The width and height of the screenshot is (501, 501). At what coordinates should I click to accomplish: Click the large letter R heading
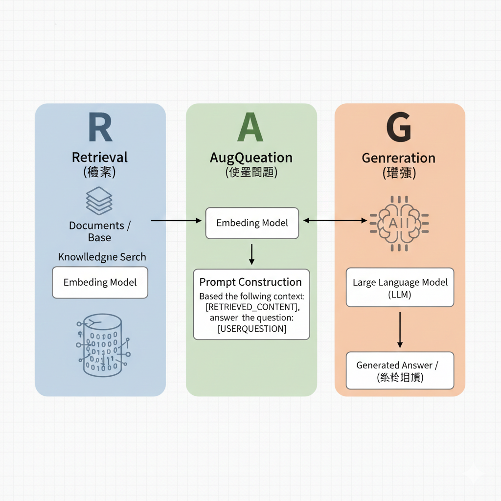coord(100,128)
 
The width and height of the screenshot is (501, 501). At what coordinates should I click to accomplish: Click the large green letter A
coord(250,128)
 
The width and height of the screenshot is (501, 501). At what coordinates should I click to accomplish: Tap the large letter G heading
coord(399,128)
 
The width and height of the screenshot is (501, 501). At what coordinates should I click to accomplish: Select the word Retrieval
coord(100,158)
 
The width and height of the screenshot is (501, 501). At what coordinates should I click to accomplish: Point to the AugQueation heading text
coord(251,158)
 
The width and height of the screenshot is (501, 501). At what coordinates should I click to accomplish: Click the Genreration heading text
coord(399,158)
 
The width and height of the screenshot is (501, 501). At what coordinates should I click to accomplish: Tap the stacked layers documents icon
coord(99,200)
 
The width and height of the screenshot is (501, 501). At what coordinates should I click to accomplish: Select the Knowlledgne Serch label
coord(102,257)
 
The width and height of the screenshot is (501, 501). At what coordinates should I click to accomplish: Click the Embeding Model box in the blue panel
coord(100,282)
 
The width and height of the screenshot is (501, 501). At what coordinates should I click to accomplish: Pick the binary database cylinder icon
coord(102,345)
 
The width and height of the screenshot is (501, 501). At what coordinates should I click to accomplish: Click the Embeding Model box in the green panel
coord(252,223)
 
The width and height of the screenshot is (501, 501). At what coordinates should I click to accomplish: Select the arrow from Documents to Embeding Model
coord(176,221)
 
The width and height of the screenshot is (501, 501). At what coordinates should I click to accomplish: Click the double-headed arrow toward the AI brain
coord(335,221)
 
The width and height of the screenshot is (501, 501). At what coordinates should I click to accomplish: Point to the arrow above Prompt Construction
coord(251,254)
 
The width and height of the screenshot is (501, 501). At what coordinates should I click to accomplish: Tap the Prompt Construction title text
coord(250,282)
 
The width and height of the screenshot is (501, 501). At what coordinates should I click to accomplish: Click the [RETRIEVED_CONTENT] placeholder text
coord(252,307)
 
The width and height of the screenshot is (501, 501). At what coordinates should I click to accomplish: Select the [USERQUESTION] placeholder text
coord(252,329)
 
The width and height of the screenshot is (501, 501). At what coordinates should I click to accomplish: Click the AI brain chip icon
coord(399,223)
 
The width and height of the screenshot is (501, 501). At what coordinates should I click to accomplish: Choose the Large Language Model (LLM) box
coord(400,287)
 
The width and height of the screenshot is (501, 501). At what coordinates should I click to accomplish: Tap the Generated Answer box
coord(400,370)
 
